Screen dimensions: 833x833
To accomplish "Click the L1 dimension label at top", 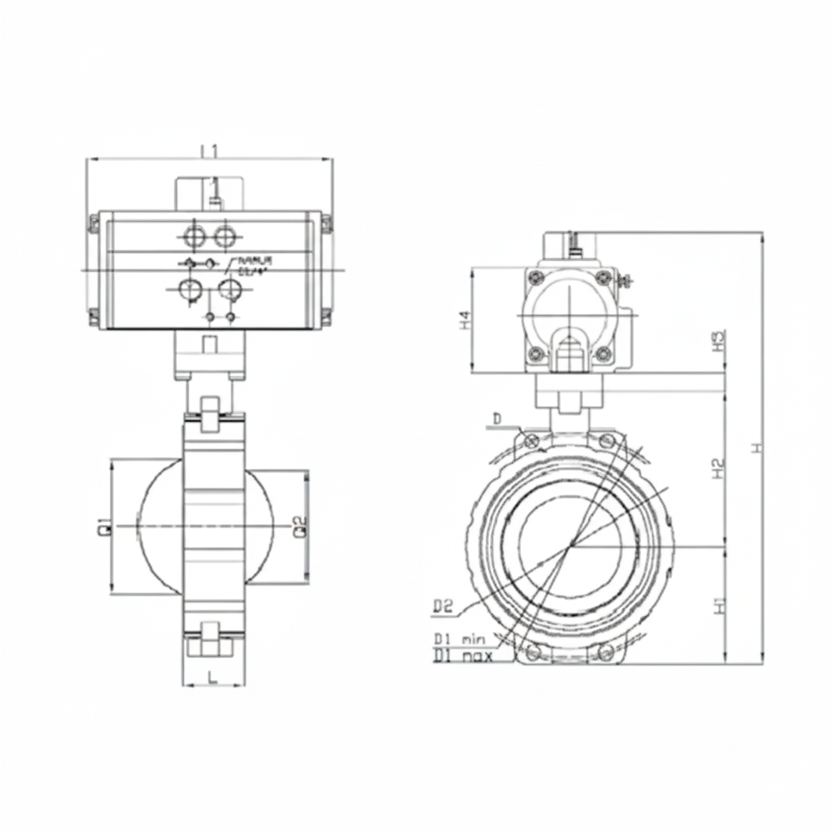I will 209,150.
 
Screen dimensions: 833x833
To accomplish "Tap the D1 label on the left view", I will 104,526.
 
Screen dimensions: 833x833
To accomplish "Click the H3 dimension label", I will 717,340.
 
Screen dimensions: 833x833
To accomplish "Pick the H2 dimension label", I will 717,469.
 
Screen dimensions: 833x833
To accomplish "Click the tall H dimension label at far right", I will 757,447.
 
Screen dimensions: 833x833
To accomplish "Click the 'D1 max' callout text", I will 462,655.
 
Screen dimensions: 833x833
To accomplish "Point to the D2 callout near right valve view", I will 443,605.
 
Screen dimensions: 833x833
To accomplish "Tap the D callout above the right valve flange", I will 498,418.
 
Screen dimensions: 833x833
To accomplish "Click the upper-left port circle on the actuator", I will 195,237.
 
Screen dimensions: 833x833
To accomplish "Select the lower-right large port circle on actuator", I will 231,289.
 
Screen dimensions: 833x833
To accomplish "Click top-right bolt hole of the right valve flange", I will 607,440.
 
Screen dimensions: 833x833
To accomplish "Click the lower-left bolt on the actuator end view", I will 534,353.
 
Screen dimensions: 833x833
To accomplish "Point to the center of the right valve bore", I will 571,543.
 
